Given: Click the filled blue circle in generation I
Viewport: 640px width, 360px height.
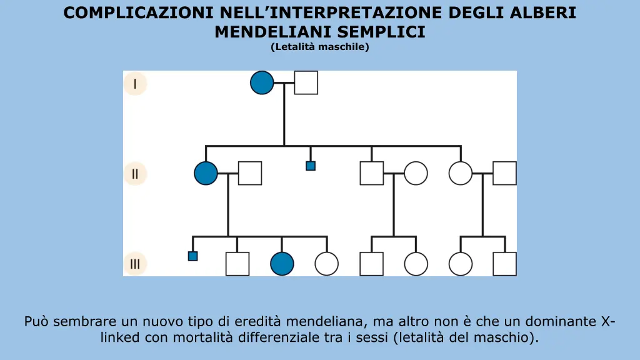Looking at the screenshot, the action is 262,82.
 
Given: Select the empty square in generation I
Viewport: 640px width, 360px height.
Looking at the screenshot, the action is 306,82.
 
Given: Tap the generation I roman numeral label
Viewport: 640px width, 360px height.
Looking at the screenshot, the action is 135,84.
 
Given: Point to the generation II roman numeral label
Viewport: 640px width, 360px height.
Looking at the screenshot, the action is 135,173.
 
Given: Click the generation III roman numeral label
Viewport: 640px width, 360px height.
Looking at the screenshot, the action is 135,263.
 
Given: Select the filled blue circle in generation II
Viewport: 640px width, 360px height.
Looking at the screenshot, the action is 206,173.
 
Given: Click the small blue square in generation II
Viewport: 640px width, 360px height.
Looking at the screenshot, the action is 311,166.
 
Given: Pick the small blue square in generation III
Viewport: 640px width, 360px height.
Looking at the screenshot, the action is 192,256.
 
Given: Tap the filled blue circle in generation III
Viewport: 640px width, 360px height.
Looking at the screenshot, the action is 282,264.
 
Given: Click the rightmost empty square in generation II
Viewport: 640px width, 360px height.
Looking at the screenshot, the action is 504,173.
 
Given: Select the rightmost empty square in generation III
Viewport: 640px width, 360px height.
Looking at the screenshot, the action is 504,264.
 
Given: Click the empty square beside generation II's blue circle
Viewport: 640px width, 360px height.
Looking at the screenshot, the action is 250,173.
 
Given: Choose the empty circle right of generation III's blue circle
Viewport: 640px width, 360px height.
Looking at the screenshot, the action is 326,264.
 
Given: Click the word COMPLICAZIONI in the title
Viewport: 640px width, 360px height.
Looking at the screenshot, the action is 139,12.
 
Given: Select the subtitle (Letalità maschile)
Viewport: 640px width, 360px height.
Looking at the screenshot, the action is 320,47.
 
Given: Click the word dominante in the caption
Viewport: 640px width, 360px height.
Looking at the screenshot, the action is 561,322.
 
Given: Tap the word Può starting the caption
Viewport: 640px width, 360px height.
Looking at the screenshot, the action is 36,322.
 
